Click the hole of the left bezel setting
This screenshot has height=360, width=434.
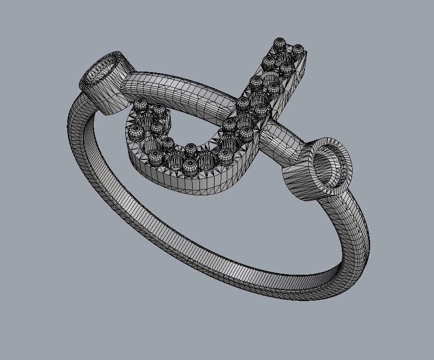click(x=101, y=72)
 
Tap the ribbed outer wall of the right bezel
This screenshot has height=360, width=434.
click(x=298, y=183)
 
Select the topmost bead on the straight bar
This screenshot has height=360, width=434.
click(x=280, y=44)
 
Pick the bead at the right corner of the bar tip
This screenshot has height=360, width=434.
click(x=297, y=50)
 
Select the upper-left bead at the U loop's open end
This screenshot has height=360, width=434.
click(x=140, y=104)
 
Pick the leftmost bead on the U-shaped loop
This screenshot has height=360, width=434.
click(x=135, y=131)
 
